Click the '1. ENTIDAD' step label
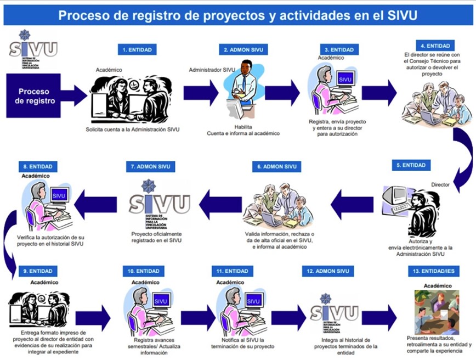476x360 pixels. (137, 49)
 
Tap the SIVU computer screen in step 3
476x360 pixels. (344, 80)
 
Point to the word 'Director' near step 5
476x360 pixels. (440, 184)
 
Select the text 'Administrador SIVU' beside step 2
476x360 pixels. (212, 70)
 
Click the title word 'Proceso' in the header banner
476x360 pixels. (83, 15)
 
